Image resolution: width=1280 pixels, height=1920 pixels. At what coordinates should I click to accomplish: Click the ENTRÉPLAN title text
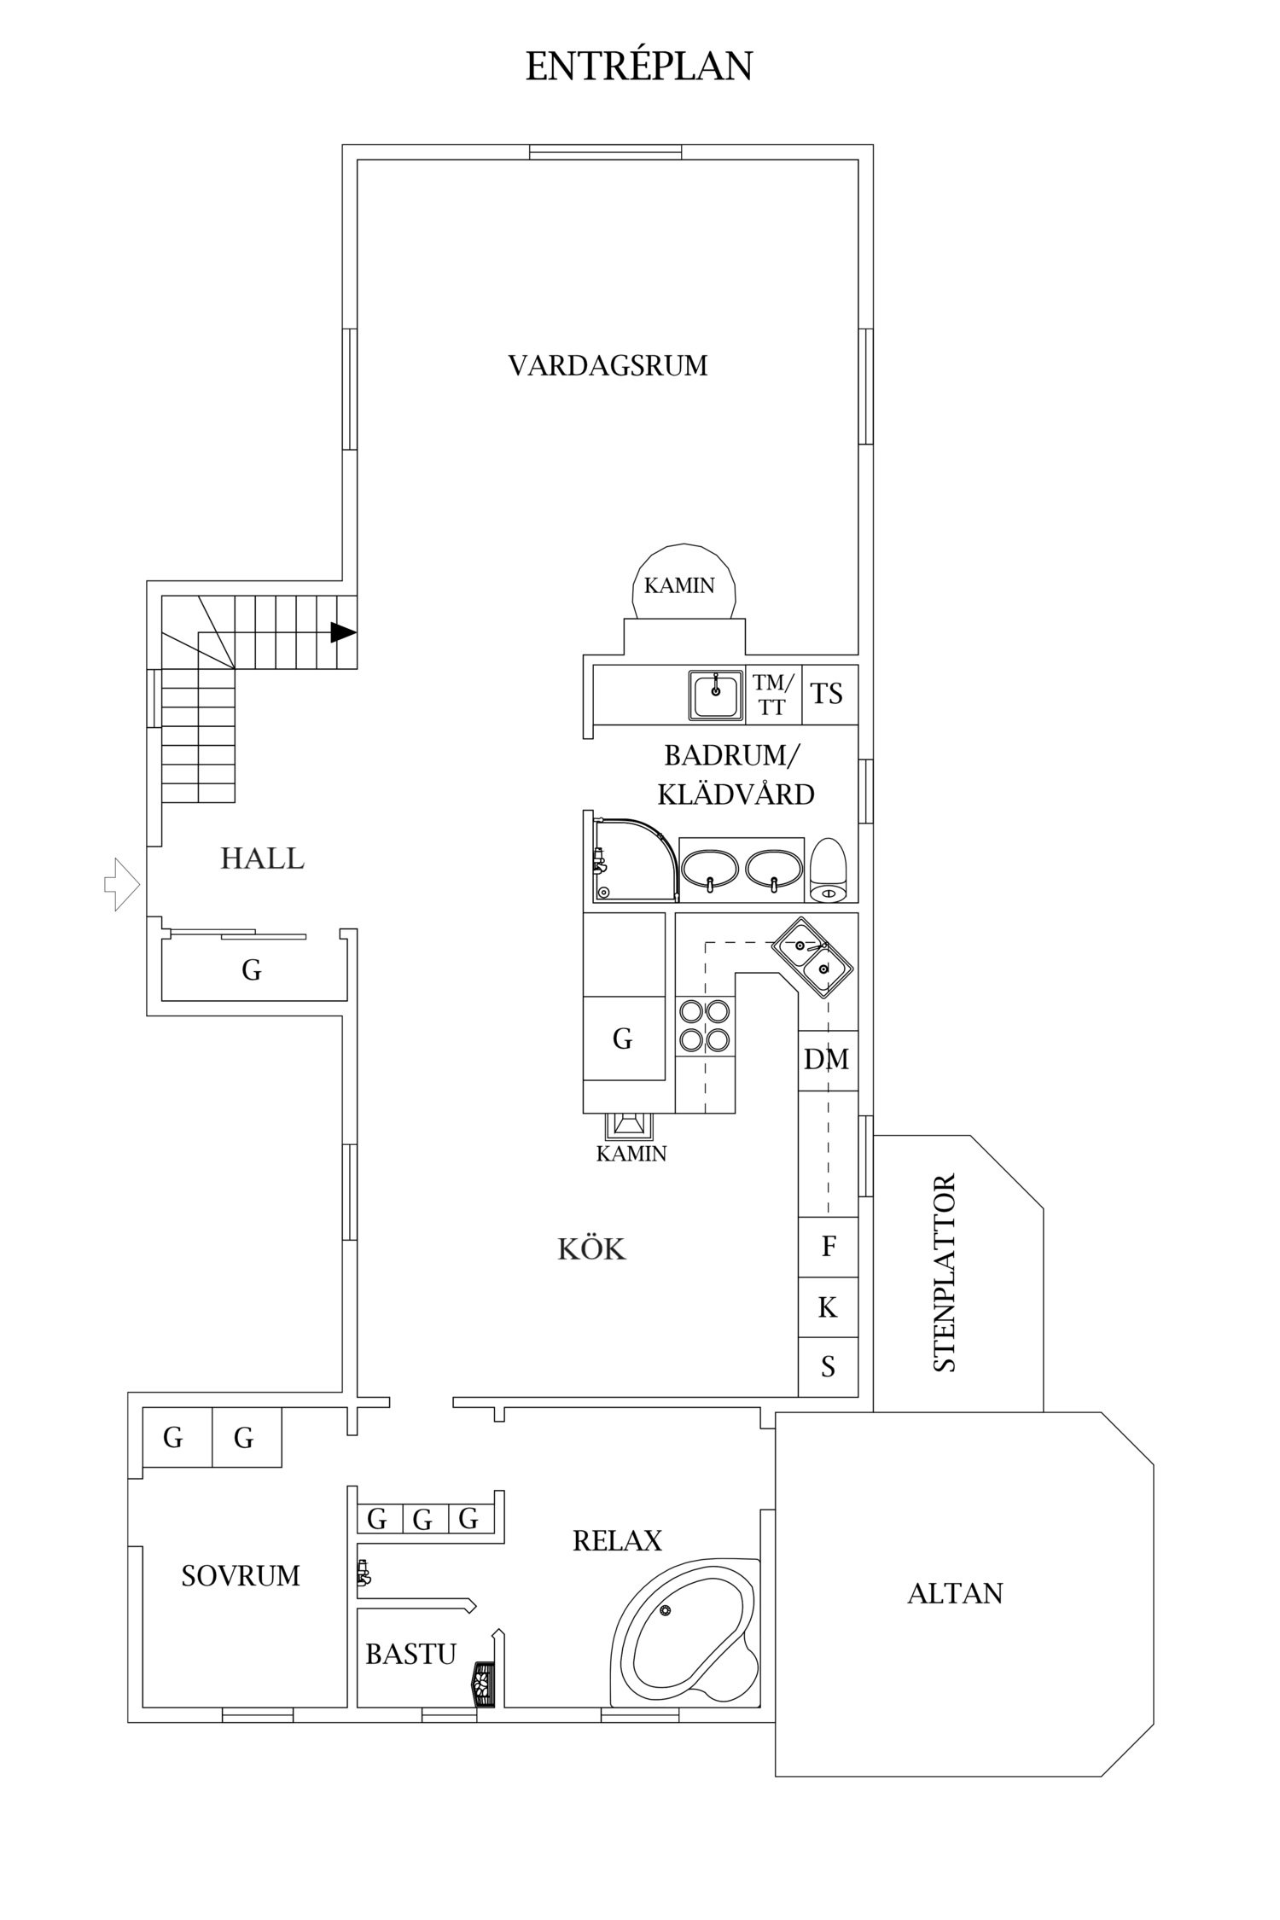[638, 67]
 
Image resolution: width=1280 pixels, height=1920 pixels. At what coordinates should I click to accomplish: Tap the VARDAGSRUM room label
[608, 366]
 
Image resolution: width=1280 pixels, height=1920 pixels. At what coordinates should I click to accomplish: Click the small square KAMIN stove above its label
[629, 1126]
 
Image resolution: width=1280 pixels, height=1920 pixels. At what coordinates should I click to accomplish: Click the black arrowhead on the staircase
[342, 632]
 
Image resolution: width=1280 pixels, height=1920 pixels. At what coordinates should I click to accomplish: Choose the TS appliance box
[827, 694]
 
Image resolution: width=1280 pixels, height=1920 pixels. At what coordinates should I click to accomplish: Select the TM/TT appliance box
[773, 694]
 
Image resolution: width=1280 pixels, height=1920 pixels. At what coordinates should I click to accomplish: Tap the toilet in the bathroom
[828, 870]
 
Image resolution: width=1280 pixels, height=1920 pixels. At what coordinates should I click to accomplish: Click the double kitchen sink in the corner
[812, 957]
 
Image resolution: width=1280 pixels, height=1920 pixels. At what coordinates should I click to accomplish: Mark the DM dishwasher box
[827, 1060]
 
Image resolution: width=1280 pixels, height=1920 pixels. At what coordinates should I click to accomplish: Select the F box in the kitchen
[828, 1247]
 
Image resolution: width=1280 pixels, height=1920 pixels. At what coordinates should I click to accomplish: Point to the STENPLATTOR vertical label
[945, 1272]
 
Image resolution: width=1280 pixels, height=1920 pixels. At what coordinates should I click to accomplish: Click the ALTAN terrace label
[955, 1593]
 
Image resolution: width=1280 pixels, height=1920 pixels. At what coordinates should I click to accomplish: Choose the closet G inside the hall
[252, 970]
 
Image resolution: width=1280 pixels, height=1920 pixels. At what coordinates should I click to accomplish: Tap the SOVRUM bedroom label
[241, 1575]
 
